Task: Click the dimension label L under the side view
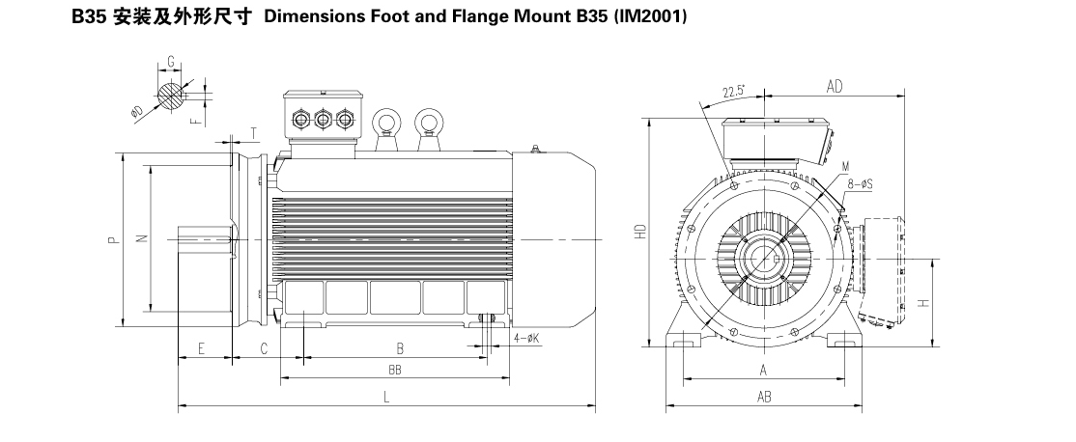point(385,397)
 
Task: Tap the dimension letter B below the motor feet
point(399,347)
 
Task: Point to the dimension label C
point(263,347)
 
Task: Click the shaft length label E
point(201,347)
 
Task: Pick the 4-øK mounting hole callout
point(526,338)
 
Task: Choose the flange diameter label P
point(113,240)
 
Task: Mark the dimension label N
point(141,240)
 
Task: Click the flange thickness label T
point(253,132)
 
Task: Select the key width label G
point(170,62)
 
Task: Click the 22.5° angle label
point(734,92)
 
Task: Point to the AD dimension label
point(835,87)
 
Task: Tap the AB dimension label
point(763,397)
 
